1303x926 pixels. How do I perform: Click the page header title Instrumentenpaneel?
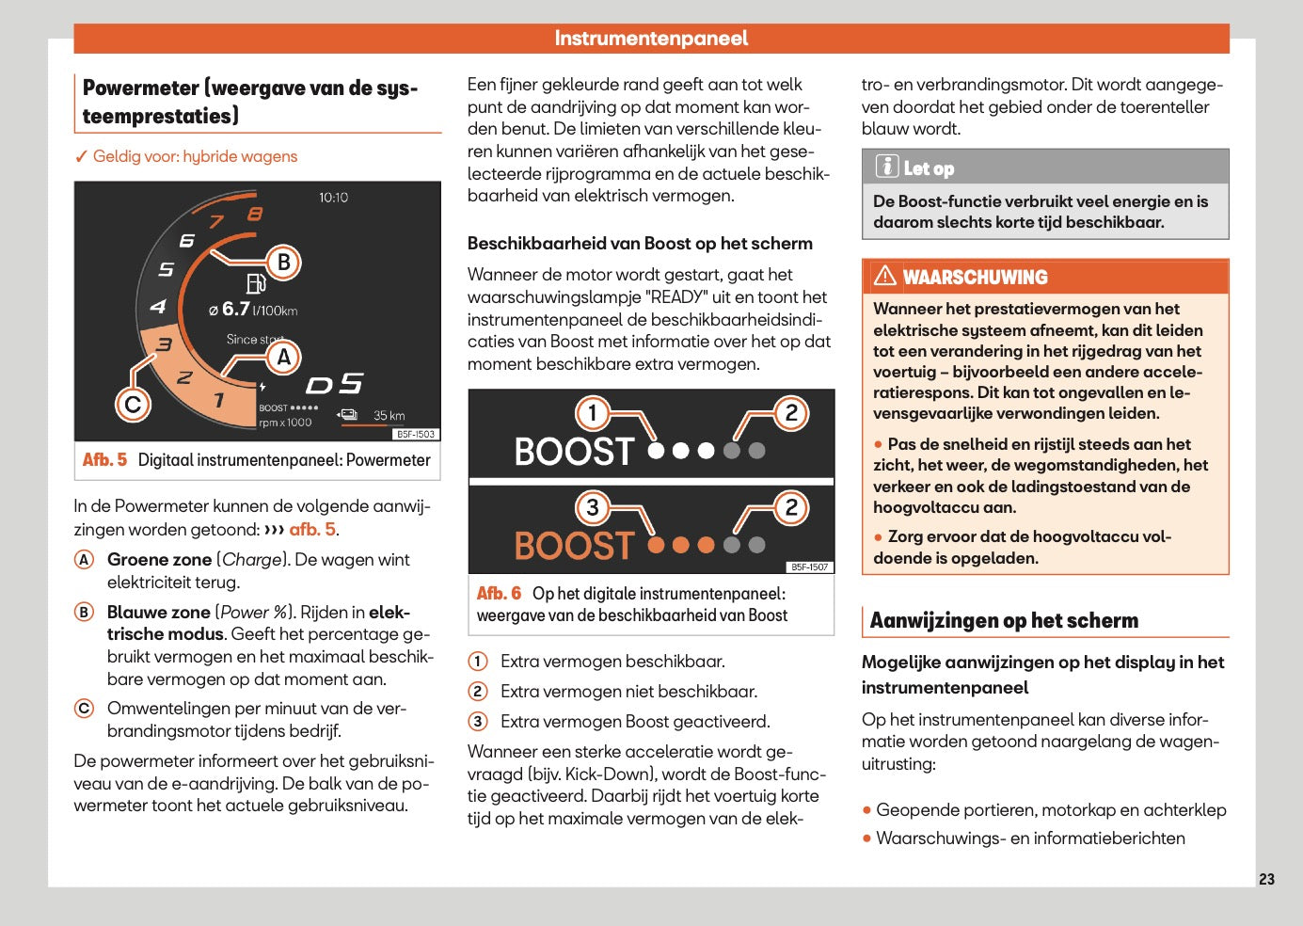(651, 39)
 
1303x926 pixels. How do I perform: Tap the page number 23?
(1266, 879)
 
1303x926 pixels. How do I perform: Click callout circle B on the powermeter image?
(283, 262)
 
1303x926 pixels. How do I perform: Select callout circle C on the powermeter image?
(133, 405)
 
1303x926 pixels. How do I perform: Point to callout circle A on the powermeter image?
(283, 357)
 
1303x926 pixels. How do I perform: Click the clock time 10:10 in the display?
(333, 198)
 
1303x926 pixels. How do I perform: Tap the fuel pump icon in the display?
(255, 283)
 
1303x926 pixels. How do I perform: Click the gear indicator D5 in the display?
(334, 384)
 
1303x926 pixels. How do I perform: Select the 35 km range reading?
(389, 415)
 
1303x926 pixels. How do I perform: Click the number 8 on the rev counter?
(255, 215)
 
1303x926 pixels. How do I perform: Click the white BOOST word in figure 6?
(574, 452)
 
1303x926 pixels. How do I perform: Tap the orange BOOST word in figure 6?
(574, 546)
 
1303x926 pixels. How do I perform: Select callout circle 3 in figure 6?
(593, 507)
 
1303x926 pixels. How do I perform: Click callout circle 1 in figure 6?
(593, 412)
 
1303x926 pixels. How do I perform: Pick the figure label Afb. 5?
(104, 460)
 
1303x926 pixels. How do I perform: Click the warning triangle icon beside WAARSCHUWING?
(884, 276)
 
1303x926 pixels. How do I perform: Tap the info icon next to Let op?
(886, 167)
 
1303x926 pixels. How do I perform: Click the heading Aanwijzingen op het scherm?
(1004, 620)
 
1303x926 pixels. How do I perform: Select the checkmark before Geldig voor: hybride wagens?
(82, 157)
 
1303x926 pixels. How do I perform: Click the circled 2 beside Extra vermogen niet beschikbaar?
(478, 692)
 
